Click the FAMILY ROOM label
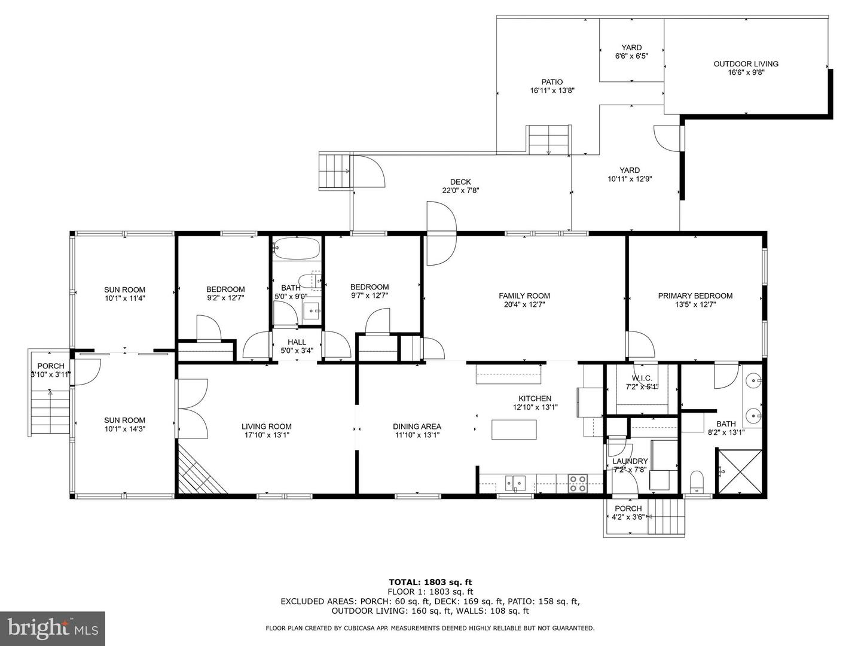pyautogui.click(x=524, y=295)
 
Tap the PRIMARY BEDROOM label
pyautogui.click(x=695, y=295)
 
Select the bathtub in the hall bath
pyautogui.click(x=297, y=248)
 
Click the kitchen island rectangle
pyautogui.click(x=514, y=429)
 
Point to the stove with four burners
pyautogui.click(x=578, y=484)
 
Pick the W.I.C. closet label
pyautogui.click(x=642, y=378)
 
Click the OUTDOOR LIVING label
pyautogui.click(x=746, y=63)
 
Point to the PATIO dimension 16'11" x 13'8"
pyautogui.click(x=552, y=90)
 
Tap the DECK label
pyautogui.click(x=460, y=182)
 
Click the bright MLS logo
pyautogui.click(x=53, y=629)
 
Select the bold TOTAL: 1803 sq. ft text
pyautogui.click(x=430, y=582)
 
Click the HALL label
pyautogui.click(x=297, y=342)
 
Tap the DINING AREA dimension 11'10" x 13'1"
pyautogui.click(x=417, y=435)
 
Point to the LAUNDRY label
pyautogui.click(x=630, y=461)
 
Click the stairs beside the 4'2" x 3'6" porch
pyautogui.click(x=665, y=517)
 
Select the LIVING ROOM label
pyautogui.click(x=266, y=426)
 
